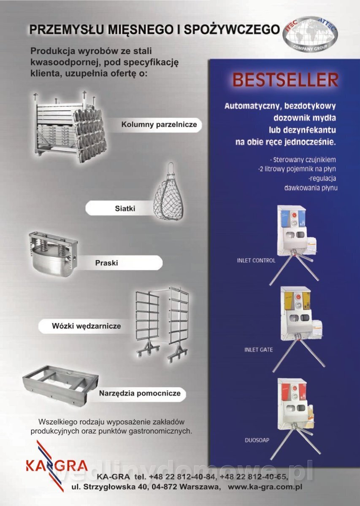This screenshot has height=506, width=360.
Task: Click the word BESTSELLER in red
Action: tap(286, 80)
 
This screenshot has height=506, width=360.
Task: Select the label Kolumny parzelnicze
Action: tap(159, 124)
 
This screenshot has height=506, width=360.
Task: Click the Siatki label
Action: tap(125, 208)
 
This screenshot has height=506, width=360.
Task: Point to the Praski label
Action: tap(106, 263)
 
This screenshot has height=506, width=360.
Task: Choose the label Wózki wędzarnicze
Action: tap(86, 326)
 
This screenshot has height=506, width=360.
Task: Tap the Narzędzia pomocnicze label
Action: tap(140, 393)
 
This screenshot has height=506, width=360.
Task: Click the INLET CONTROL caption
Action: tap(256, 261)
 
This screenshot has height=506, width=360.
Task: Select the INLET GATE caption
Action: tap(258, 350)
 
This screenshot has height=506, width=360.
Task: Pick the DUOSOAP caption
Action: tap(257, 440)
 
